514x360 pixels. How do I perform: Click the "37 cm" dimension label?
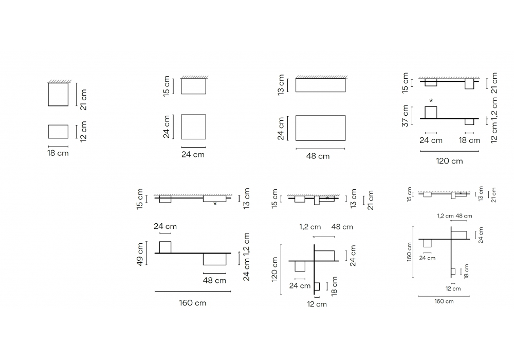pos(405,116)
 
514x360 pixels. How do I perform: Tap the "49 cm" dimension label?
pos(140,254)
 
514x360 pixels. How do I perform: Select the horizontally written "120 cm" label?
pos(449,161)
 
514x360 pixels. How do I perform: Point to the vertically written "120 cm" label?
pos(274,269)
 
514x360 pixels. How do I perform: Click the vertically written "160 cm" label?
pos(409,251)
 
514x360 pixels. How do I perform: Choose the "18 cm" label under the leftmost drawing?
pos(58,153)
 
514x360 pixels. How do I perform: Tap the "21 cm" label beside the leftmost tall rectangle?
pos(84,100)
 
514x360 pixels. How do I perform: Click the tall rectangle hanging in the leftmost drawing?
pos(59,95)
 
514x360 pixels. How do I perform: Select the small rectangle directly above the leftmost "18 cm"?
pos(59,132)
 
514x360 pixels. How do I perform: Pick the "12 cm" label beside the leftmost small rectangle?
pos(84,131)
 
